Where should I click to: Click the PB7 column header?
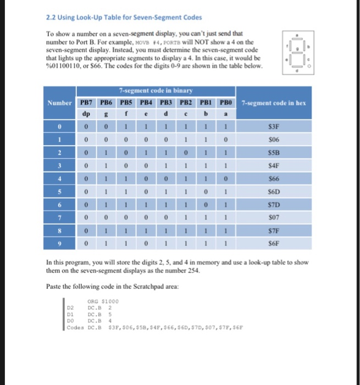coord(86,102)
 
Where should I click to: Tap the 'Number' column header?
coord(59,102)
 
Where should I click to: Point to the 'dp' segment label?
coord(86,114)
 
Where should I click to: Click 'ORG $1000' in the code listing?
coord(99,301)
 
